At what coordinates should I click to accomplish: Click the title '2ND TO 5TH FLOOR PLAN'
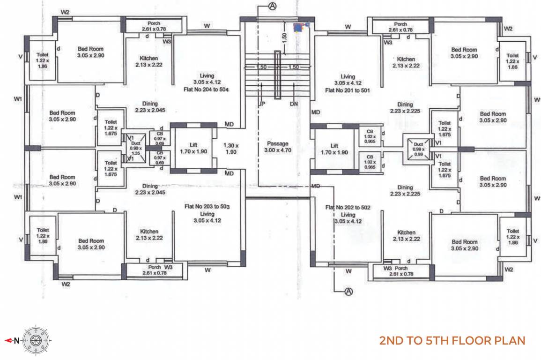[x=452, y=340]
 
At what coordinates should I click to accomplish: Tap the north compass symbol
[x=36, y=341]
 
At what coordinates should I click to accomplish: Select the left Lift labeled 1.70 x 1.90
[x=193, y=148]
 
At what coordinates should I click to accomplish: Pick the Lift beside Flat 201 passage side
[x=334, y=149]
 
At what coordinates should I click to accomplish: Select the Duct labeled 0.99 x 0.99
[x=418, y=147]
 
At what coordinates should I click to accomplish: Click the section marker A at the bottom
[x=348, y=291]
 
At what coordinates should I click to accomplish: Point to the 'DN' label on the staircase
[x=294, y=104]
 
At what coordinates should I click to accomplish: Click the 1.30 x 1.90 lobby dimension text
[x=231, y=149]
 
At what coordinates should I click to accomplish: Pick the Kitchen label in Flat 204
[x=148, y=61]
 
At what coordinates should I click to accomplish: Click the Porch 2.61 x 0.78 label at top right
[x=400, y=27]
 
